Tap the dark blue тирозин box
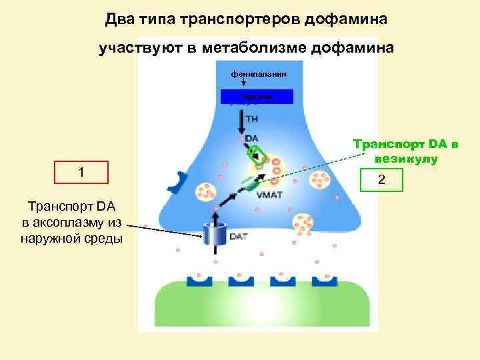247,97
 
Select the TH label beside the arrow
253,119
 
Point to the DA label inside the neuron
252,139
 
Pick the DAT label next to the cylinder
239,236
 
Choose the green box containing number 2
381,179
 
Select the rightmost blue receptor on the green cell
325,279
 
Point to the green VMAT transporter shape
250,183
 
